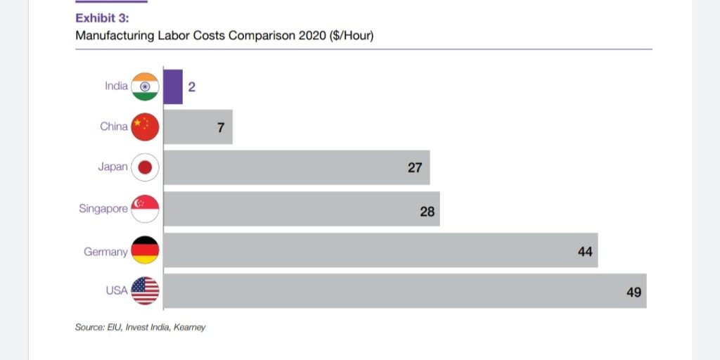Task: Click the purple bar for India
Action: click(x=173, y=86)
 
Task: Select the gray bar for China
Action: click(x=198, y=127)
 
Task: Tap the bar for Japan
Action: click(x=296, y=167)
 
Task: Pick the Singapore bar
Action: click(x=301, y=209)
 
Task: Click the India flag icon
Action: click(x=146, y=86)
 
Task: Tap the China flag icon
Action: click(x=146, y=127)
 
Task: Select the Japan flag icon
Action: click(x=146, y=167)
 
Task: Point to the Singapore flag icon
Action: click(x=146, y=209)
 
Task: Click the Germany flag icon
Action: click(x=146, y=250)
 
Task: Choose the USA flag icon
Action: click(x=146, y=291)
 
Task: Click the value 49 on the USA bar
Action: click(x=634, y=292)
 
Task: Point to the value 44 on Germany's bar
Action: click(x=585, y=251)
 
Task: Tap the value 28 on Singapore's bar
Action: click(x=427, y=210)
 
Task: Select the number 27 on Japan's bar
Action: click(x=415, y=168)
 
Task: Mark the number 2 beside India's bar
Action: click(x=191, y=87)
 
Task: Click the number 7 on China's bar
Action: click(x=220, y=128)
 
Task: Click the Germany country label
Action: click(x=105, y=252)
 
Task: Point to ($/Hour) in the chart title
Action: click(x=351, y=35)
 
